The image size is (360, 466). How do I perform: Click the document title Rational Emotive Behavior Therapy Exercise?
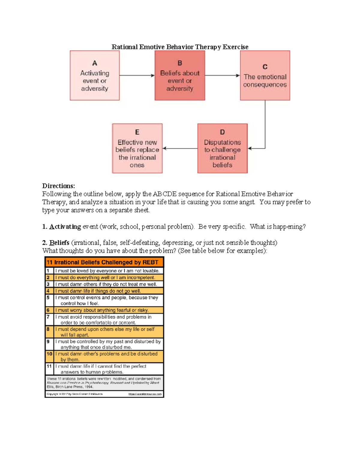180,47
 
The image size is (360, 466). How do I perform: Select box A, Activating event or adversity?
94,76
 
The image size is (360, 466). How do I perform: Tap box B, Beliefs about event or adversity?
180,76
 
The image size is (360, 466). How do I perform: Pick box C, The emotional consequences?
265,76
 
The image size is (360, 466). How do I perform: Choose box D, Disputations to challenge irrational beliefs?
222,149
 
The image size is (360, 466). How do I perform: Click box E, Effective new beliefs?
137,149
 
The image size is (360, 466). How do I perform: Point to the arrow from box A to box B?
137,76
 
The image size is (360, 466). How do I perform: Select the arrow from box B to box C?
222,76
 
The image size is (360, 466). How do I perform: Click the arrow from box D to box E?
180,148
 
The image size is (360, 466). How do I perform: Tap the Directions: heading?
58,186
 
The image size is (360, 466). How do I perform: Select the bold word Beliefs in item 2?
59,242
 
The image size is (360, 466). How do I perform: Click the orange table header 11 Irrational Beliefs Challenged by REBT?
103,262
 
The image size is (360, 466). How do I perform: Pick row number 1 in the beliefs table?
48,271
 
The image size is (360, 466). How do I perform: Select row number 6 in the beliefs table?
48,310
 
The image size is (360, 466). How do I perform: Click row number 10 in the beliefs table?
49,354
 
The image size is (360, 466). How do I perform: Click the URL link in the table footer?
145,394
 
